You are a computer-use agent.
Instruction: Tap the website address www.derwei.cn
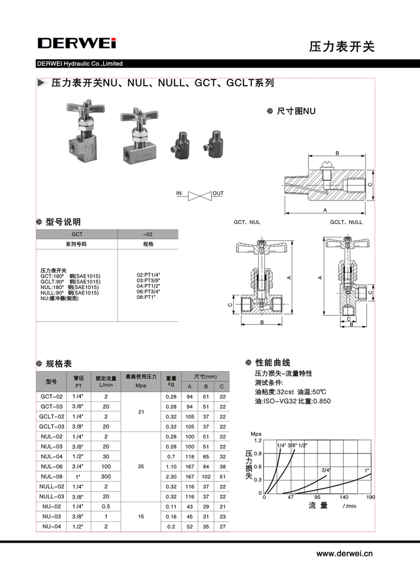344,554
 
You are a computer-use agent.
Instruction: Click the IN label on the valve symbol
179,194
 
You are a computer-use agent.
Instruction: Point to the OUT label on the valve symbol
218,194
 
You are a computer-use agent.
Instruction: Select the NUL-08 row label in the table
52,476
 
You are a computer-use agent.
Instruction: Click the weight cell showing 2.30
171,476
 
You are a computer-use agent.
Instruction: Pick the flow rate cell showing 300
106,476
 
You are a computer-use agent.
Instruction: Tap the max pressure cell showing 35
141,466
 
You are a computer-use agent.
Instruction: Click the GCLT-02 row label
52,417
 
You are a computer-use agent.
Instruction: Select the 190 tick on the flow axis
370,497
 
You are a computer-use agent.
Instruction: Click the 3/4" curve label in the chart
326,470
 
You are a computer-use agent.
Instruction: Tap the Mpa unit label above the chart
256,434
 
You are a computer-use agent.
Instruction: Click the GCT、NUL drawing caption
247,222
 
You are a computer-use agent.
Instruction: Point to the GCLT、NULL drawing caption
346,222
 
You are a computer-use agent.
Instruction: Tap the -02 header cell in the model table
148,235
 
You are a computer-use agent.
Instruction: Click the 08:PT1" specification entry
147,296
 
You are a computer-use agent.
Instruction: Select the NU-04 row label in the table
52,526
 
